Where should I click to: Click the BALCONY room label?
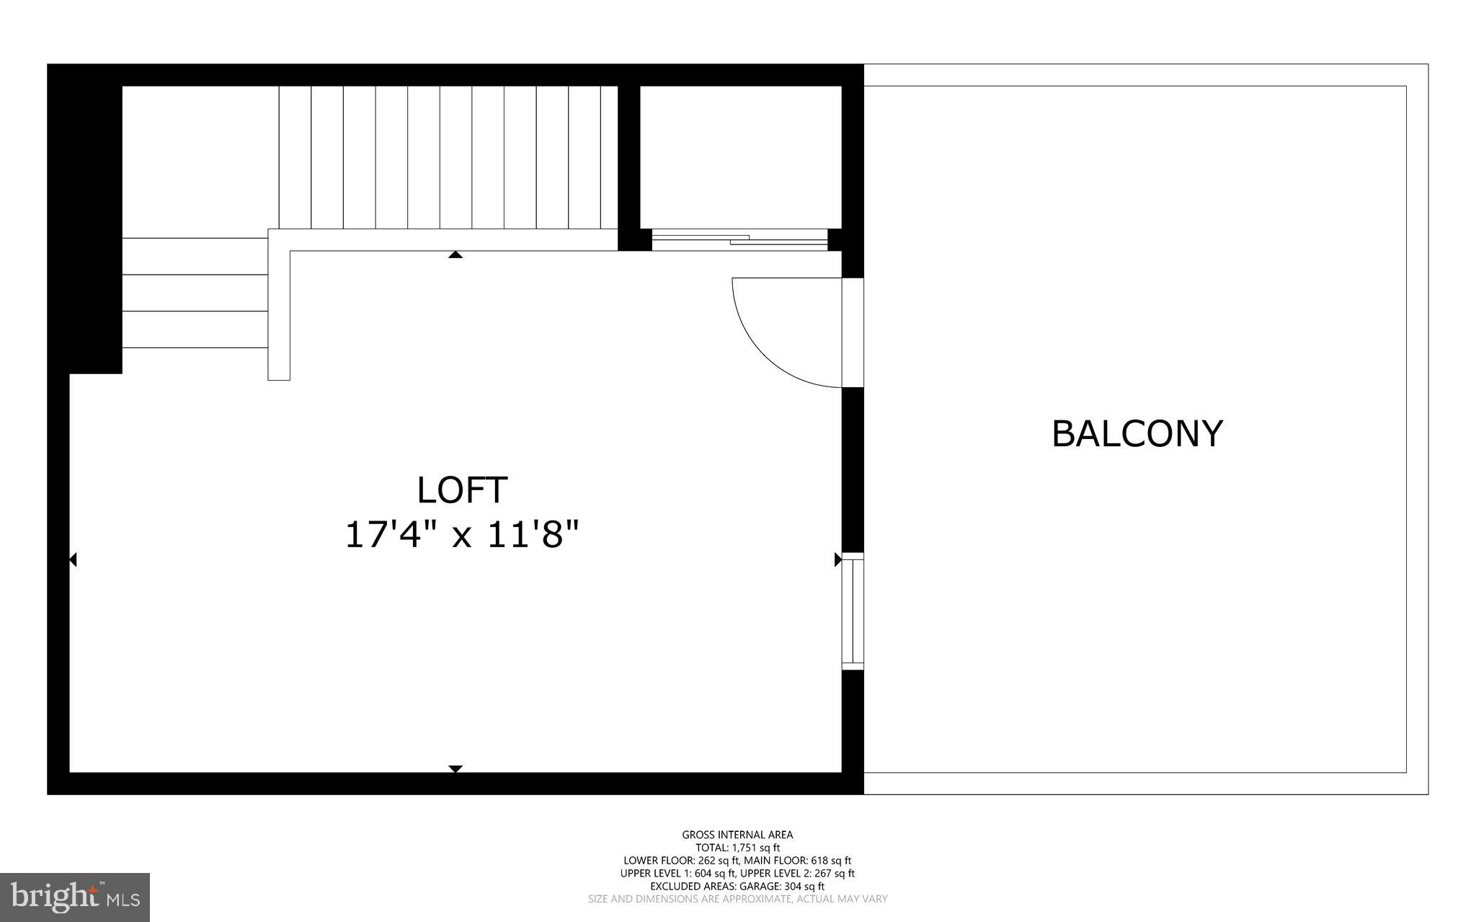[x=1137, y=434]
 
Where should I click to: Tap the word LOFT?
[x=462, y=490]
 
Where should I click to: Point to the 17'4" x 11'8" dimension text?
[x=462, y=536]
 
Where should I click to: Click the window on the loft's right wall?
[x=853, y=611]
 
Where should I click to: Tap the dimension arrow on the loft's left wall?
[x=73, y=559]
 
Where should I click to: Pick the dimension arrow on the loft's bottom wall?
[x=455, y=768]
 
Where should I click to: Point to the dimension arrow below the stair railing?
[x=455, y=254]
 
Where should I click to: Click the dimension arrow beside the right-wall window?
[x=837, y=559]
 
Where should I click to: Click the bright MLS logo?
[x=75, y=897]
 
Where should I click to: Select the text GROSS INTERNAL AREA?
[x=737, y=835]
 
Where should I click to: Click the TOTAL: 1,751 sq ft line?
[x=737, y=848]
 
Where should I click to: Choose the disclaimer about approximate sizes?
[x=737, y=899]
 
